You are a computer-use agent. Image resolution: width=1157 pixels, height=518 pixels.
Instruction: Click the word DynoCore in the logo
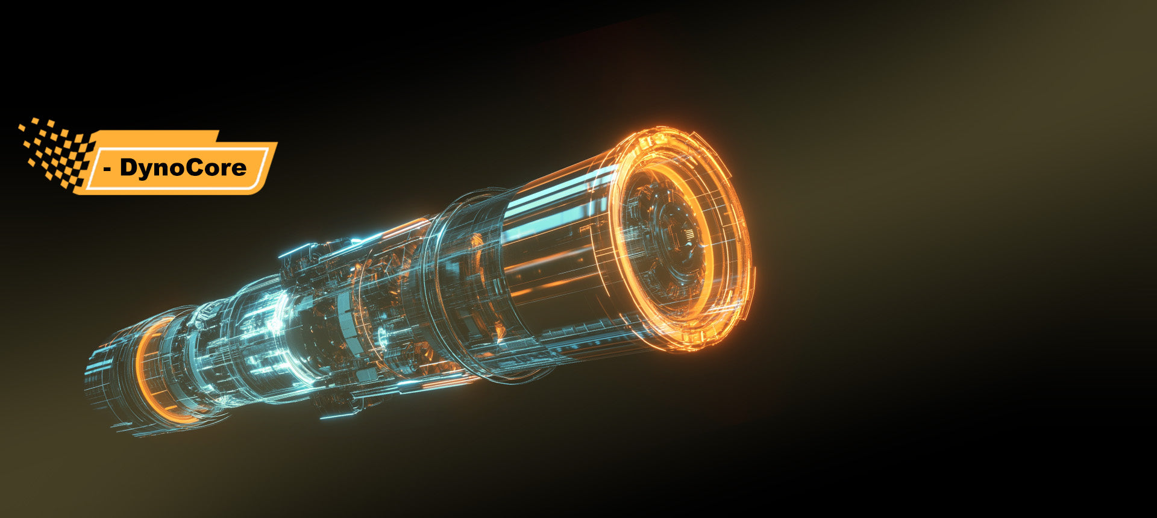(183, 168)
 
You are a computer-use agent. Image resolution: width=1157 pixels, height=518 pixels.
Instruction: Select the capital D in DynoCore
(129, 167)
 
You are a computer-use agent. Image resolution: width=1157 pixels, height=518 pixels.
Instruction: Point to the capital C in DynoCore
(192, 167)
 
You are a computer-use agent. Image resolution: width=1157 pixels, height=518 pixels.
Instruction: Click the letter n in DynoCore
(162, 169)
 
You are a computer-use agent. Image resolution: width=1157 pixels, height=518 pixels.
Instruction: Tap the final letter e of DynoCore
(239, 169)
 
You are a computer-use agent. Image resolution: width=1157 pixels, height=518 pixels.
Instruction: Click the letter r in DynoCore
(225, 169)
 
